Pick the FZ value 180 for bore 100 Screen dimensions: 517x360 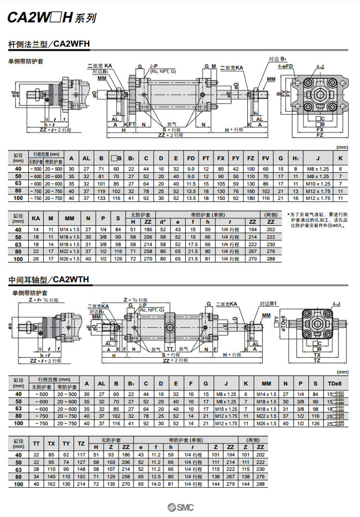click(251, 198)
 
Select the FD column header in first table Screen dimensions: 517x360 click(191, 159)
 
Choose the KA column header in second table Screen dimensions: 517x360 click(36, 218)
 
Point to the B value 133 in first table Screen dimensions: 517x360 click(101, 198)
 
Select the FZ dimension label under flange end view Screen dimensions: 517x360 click(320, 136)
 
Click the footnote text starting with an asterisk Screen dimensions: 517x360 click(318, 220)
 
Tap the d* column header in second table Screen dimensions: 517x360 click(163, 222)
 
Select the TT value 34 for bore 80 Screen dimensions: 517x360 click(36, 477)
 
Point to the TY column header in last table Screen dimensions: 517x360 click(66, 443)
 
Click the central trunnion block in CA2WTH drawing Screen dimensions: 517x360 click(171, 328)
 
